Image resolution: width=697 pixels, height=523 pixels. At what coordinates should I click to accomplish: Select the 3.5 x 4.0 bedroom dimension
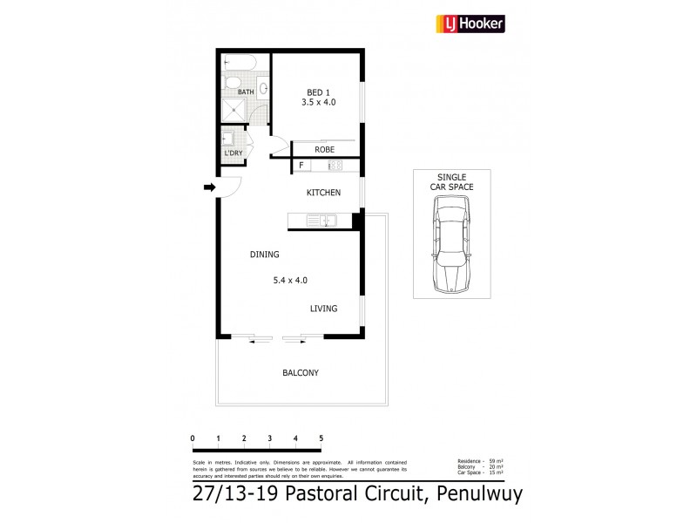[x=318, y=102]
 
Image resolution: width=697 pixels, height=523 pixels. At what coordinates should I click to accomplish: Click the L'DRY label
[x=233, y=153]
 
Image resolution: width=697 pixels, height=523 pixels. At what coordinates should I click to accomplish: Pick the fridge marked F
[x=301, y=165]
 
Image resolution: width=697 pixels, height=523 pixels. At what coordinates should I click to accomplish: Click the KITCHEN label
[x=322, y=193]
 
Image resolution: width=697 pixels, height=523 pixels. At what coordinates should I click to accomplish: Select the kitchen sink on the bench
[x=328, y=220]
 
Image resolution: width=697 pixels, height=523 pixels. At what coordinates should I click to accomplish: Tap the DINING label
[x=264, y=255]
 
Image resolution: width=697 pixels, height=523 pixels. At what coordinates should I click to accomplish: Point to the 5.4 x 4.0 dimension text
[x=290, y=280]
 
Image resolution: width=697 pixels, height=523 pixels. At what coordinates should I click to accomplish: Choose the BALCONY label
[x=300, y=372]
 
